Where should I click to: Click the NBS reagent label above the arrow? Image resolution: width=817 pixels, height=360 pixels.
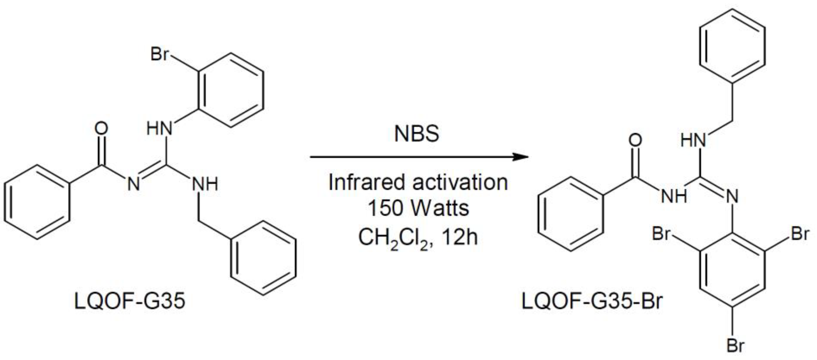416,134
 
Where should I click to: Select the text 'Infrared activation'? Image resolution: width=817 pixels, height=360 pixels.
418,183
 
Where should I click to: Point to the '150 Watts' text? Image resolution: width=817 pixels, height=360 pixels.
418,208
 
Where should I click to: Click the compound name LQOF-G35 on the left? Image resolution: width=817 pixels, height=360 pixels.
129,301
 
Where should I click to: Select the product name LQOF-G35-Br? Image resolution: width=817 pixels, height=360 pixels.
592,301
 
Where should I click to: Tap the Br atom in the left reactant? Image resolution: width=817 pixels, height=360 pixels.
159,54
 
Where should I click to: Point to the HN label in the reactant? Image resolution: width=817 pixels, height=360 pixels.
159,129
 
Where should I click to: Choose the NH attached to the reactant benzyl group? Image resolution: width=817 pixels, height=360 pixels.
205,184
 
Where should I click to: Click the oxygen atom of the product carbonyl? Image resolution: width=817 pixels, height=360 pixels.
635,140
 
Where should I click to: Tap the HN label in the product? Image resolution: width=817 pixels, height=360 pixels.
693,140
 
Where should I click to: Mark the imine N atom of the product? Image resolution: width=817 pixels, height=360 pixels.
732,196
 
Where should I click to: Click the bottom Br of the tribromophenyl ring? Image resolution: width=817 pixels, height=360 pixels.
735,345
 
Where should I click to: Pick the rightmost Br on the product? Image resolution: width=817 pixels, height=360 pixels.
800,234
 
